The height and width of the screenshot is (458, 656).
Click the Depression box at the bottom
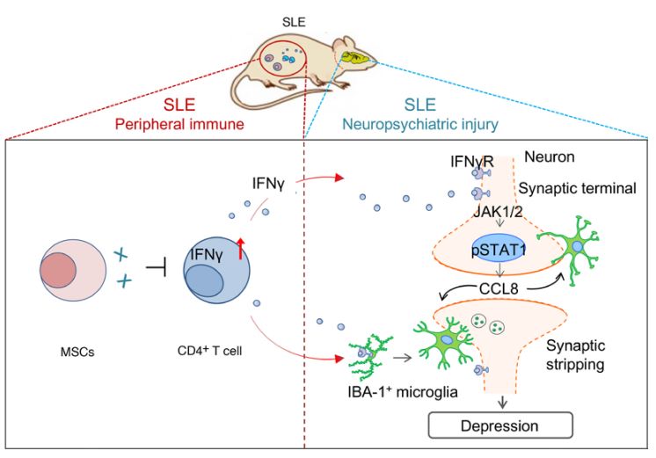pos(500,425)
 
